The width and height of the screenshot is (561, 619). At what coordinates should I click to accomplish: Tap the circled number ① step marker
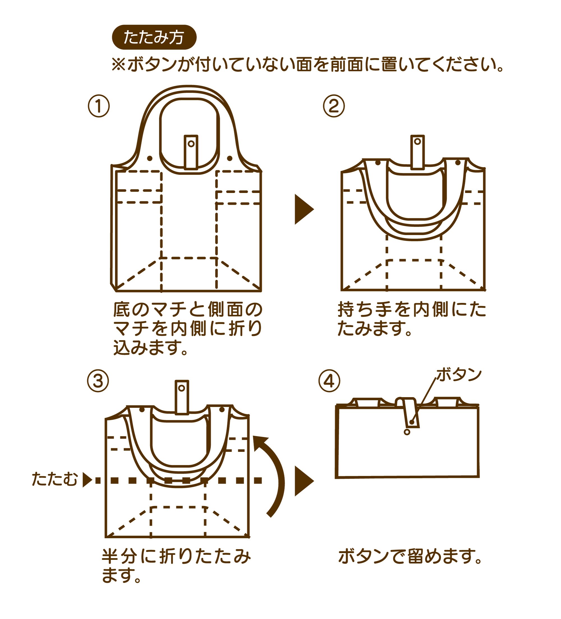(x=98, y=106)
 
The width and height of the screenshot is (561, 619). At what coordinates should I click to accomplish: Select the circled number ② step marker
(x=334, y=106)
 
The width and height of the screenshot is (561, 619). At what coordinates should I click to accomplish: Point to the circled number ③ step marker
(x=98, y=381)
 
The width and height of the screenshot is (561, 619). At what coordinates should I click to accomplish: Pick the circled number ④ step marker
(x=329, y=381)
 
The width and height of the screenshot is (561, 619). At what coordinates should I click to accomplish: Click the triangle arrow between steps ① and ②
(x=303, y=209)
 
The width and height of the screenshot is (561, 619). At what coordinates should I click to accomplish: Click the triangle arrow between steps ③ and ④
(x=303, y=481)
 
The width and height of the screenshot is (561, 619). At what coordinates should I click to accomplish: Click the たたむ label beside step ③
(x=55, y=479)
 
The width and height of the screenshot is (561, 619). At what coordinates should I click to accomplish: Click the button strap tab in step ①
(x=191, y=152)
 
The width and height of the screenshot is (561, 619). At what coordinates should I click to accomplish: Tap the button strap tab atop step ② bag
(x=417, y=152)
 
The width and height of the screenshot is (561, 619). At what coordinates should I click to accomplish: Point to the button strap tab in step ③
(x=181, y=397)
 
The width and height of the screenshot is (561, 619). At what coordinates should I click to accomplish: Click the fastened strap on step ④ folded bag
(x=411, y=413)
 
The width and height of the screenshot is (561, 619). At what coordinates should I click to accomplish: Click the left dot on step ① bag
(x=150, y=158)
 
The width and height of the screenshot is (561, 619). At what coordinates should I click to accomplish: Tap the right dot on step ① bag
(x=229, y=158)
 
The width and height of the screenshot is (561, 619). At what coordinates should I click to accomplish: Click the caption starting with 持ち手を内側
(x=411, y=319)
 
